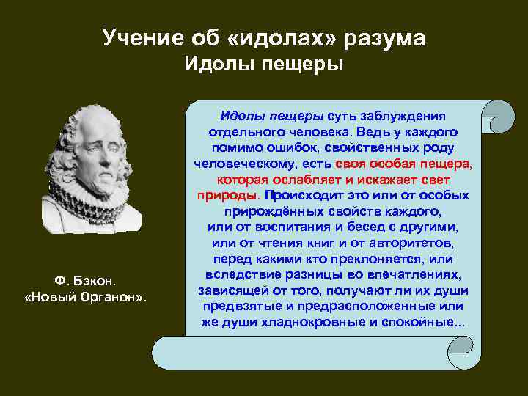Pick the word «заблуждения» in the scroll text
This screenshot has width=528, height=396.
(x=411, y=117)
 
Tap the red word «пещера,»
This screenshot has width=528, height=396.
(x=447, y=164)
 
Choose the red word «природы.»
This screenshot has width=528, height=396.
(x=228, y=196)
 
